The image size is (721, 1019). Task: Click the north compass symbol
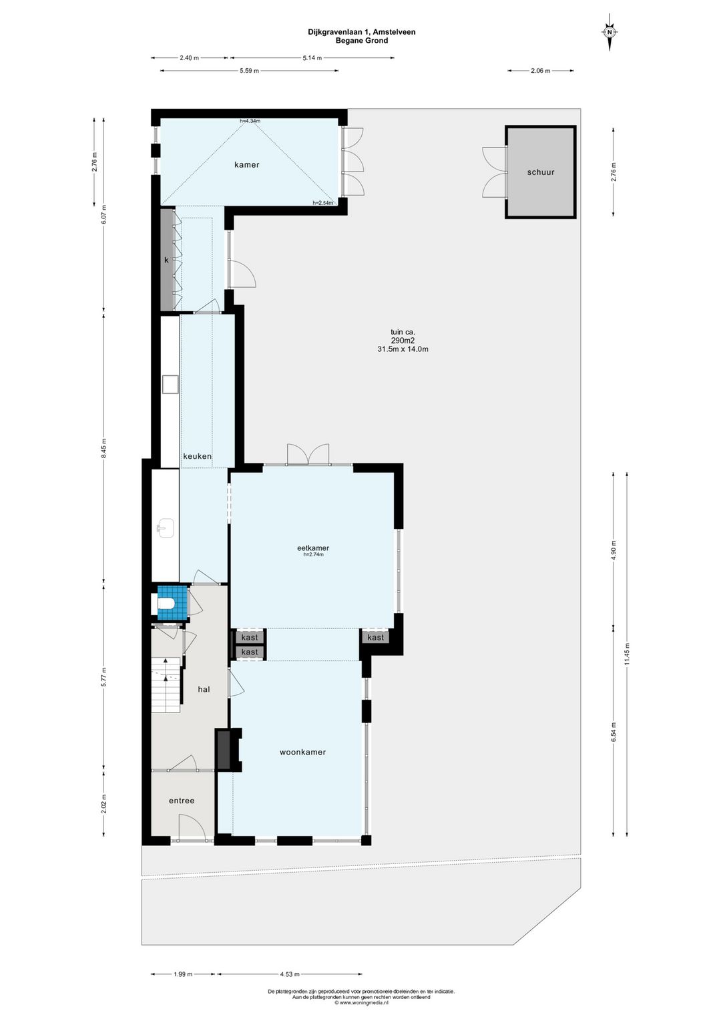coord(609,32)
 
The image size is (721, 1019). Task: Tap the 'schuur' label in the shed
coord(540,172)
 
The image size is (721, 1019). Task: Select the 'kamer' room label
coord(246,165)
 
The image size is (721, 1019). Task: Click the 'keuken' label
coord(198,456)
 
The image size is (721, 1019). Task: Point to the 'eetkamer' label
coord(313,548)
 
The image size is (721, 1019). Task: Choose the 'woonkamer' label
coord(302,752)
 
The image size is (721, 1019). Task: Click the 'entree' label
coord(182,800)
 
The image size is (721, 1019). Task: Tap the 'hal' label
coord(204,688)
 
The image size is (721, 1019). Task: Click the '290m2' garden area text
coord(403,341)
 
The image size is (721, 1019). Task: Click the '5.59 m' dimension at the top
coord(249,71)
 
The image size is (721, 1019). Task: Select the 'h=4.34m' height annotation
coord(250,121)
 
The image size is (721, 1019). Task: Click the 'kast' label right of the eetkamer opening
coord(375,637)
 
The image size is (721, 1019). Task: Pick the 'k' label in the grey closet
coord(166,260)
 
